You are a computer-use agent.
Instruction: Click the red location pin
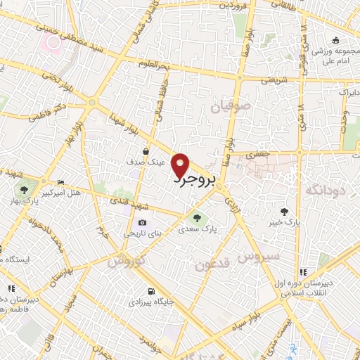click(181, 165)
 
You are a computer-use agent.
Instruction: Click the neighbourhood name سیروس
click(260, 257)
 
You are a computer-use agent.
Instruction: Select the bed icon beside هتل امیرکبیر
click(60, 181)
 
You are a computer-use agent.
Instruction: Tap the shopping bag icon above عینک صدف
click(146, 150)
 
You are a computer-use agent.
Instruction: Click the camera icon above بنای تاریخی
click(143, 222)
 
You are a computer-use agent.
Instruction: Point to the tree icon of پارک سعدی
click(197, 217)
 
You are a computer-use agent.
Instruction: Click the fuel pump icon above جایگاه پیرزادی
click(150, 291)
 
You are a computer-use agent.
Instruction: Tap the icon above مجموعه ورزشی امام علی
click(335, 39)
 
